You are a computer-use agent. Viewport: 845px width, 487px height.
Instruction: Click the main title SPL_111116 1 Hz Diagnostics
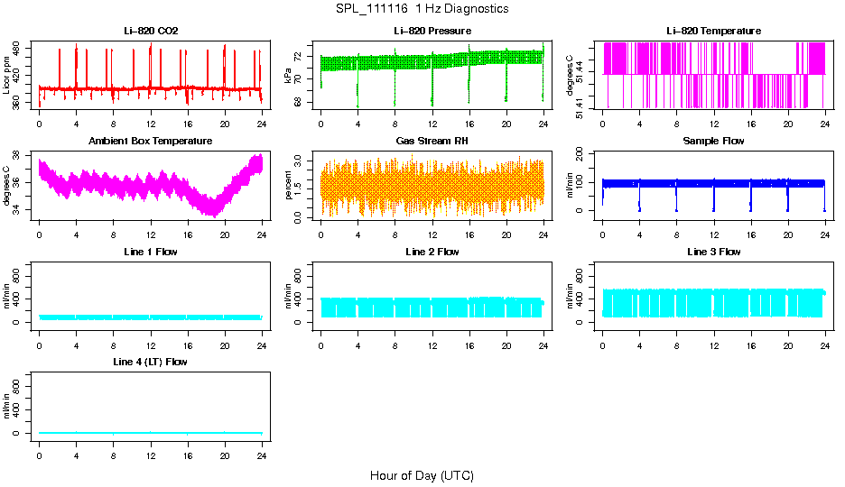tap(422, 9)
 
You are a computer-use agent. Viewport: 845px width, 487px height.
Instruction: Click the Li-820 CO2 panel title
tap(151, 31)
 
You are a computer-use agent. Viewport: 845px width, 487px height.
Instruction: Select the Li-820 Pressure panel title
tap(432, 31)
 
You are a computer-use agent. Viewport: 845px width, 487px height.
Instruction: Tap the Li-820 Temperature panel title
tap(713, 31)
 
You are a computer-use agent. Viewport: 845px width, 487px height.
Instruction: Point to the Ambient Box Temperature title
tap(151, 142)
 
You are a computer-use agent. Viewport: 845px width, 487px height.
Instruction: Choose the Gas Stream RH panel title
tap(432, 142)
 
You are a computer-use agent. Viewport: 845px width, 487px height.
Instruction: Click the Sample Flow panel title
tap(713, 142)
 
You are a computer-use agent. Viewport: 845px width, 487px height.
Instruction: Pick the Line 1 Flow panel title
tap(151, 252)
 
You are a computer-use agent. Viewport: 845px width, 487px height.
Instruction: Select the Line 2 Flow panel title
tap(432, 252)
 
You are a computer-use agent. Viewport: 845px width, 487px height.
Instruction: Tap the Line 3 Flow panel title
tap(713, 252)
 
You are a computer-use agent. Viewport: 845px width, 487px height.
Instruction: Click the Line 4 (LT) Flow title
tap(151, 362)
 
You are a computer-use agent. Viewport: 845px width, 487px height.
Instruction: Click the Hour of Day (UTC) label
tap(422, 475)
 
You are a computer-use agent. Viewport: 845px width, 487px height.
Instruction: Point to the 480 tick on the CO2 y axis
tap(21, 48)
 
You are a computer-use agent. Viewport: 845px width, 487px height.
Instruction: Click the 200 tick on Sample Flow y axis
tap(584, 154)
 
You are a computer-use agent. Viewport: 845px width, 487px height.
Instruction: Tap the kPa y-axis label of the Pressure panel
tap(289, 76)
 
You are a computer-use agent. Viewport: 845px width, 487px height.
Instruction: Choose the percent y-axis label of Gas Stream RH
tap(289, 187)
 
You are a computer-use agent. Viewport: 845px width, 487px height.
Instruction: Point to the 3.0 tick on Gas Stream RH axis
tap(302, 160)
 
